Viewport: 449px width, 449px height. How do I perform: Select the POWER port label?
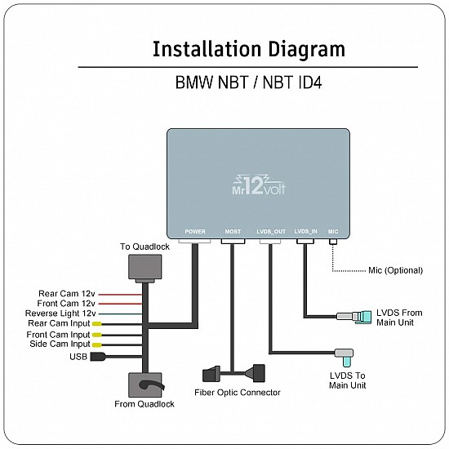click(x=195, y=232)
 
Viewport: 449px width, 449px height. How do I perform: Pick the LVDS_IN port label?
click(x=305, y=232)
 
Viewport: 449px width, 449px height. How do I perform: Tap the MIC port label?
click(x=333, y=232)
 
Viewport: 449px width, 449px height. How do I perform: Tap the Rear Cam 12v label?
click(x=67, y=293)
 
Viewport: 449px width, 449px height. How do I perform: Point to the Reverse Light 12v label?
click(x=60, y=313)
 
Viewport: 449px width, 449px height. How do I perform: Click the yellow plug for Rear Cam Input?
click(x=96, y=324)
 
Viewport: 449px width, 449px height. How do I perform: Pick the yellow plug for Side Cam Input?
click(x=96, y=345)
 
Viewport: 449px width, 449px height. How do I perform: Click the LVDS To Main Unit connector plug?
click(x=345, y=356)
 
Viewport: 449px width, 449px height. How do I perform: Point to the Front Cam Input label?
click(x=58, y=335)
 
